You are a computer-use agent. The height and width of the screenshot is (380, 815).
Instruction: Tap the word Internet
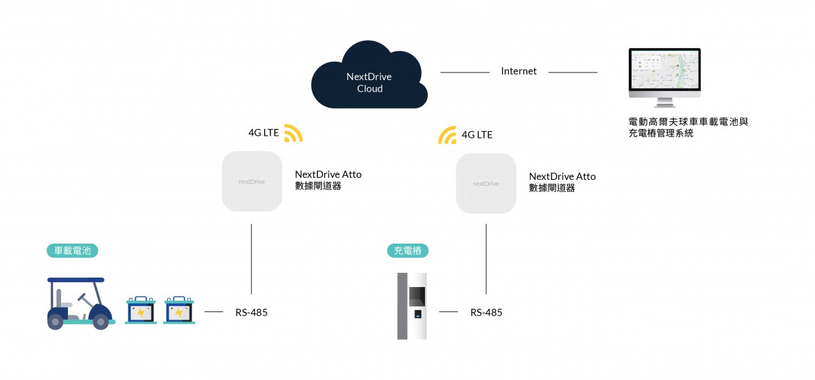pos(519,71)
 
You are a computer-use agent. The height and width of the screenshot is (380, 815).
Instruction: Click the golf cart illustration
pos(79,303)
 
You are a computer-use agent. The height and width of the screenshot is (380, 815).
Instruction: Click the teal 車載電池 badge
pos(73,251)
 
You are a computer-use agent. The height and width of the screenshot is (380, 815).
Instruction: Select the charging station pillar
pos(412,306)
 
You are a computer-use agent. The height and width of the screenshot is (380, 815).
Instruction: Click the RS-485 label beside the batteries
pos(251,313)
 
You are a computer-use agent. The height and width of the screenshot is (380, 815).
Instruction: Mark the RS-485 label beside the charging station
pos(486,313)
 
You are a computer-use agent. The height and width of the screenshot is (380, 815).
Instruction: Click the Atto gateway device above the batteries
pos(252,181)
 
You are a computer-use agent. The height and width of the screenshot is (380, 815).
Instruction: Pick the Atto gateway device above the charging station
pos(486,183)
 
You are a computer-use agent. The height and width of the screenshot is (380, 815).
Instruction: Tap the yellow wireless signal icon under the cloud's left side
pos(293,133)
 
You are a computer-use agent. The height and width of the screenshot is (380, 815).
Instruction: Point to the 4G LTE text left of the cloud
pos(264,132)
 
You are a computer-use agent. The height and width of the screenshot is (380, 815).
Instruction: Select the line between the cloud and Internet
pos(465,72)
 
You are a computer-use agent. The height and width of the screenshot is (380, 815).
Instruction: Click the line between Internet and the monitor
pos(573,72)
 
